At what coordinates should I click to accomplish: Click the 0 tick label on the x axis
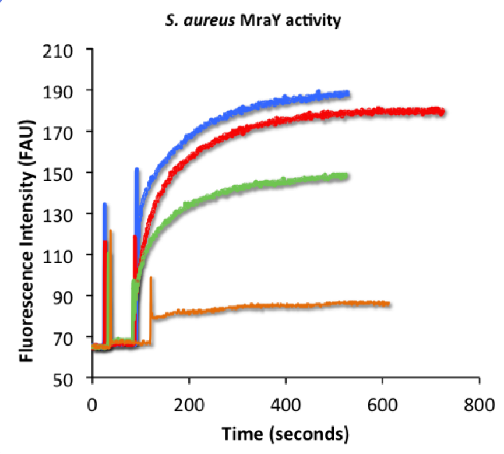point(92,403)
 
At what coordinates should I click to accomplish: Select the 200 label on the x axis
point(189,403)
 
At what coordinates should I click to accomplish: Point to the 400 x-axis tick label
point(286,403)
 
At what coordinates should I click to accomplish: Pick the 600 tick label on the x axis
point(382,403)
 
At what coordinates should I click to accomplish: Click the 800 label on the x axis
point(479,403)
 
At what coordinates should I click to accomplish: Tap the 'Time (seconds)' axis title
point(286,434)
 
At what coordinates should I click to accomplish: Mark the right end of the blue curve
point(348,93)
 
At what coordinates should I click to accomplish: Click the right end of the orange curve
point(388,304)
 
